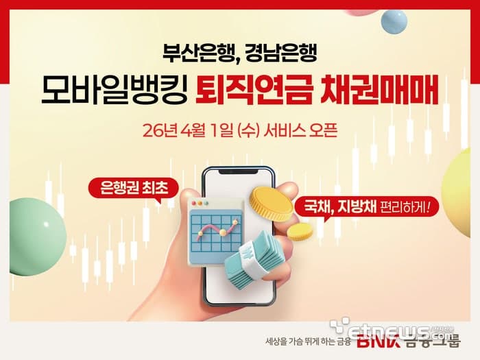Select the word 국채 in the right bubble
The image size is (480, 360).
(315, 205)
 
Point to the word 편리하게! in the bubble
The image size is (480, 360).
(403, 205)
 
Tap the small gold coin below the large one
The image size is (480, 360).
(300, 231)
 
